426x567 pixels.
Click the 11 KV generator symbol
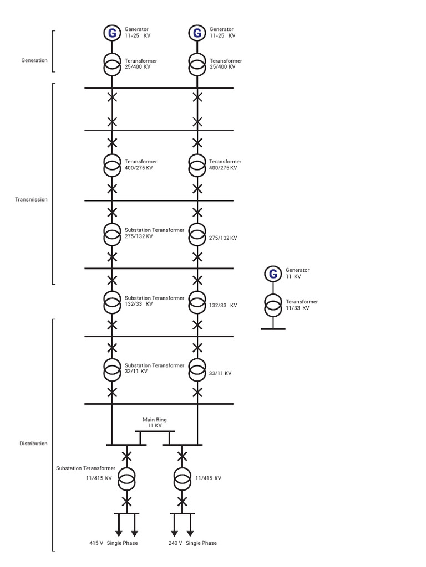tap(273, 274)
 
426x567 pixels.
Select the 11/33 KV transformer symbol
tap(273, 305)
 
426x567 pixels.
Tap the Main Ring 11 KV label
tap(155, 422)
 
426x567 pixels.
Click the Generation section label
tap(34, 60)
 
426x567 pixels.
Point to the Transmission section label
tap(31, 199)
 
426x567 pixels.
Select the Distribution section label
tap(33, 444)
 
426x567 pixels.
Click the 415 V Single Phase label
tap(113, 543)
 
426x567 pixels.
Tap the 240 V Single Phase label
tap(192, 543)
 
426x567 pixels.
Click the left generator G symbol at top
tap(112, 33)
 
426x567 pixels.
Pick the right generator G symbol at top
tap(197, 33)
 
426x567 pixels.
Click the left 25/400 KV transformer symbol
tap(112, 64)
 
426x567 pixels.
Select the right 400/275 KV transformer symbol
tap(197, 165)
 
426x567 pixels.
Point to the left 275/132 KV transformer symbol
tap(112, 234)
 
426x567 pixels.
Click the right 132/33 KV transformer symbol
tap(197, 302)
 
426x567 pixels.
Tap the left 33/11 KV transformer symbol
tap(112, 369)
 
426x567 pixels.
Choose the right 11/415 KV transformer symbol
tap(182, 479)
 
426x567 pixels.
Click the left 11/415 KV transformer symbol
tap(126, 479)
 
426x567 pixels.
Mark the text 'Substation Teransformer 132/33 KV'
tap(154, 301)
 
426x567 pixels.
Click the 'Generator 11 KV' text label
tap(297, 273)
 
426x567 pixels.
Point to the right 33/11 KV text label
tap(220, 373)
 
